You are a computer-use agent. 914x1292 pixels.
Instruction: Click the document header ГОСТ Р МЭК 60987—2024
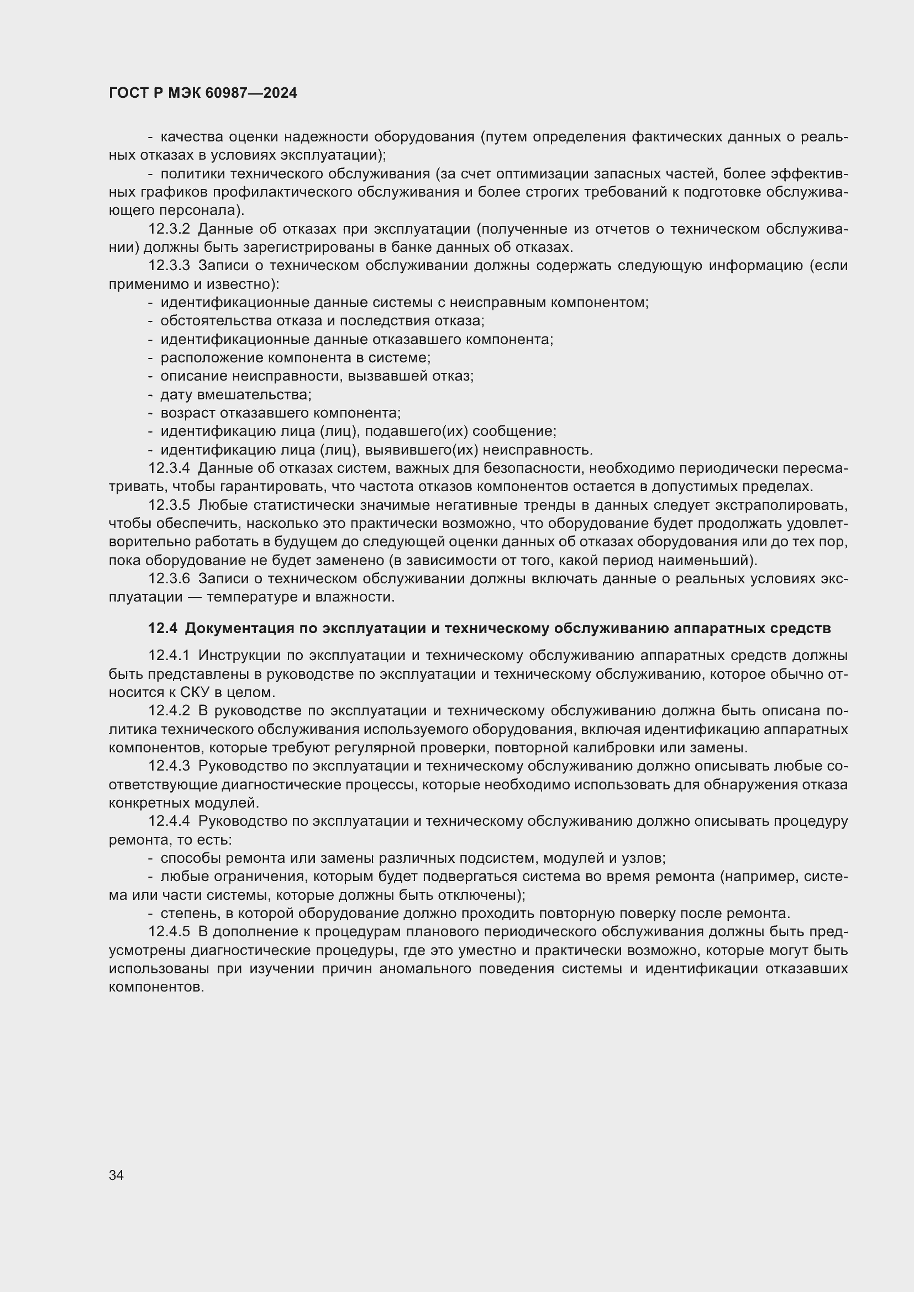[203, 93]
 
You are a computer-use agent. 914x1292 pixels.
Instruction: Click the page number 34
[117, 1175]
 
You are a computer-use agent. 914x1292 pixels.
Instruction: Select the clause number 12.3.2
[169, 229]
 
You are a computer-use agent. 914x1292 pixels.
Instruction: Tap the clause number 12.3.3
[169, 266]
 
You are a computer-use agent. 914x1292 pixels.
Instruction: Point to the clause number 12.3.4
[169, 468]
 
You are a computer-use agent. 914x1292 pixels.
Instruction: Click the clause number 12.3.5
[169, 505]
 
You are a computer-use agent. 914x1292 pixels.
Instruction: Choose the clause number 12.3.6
[169, 578]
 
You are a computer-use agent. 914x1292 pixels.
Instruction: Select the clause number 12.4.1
[169, 656]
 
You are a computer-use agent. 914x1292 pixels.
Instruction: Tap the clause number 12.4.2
[169, 711]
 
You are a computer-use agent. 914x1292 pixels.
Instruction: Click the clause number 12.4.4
[169, 821]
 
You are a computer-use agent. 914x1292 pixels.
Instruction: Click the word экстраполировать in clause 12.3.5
[785, 505]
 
